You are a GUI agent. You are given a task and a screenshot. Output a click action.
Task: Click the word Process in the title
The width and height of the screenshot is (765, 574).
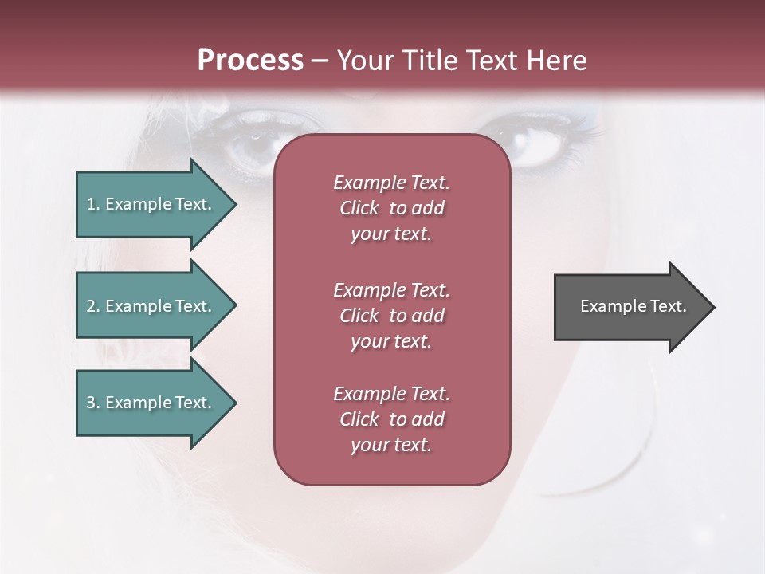coord(250,61)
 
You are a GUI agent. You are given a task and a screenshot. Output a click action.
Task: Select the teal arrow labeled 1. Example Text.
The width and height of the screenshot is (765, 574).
coord(151,204)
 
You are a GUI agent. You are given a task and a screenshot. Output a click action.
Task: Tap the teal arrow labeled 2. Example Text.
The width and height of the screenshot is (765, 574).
coord(151,306)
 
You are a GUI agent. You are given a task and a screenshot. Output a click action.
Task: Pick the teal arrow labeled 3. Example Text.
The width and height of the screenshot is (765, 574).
coord(151,403)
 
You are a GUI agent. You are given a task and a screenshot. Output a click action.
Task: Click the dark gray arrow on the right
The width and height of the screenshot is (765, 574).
coord(630,306)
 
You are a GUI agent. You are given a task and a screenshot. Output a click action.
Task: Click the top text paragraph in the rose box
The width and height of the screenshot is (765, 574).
coord(391,208)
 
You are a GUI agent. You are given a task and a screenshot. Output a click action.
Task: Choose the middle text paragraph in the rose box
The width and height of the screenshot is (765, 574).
coord(391,316)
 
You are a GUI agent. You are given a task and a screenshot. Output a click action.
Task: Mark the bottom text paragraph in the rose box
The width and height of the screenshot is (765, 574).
coord(391,419)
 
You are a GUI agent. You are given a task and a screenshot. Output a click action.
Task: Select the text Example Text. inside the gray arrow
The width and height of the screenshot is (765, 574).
coord(633,306)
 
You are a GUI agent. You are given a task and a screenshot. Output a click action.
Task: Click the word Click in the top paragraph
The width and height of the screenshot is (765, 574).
coord(359,208)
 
